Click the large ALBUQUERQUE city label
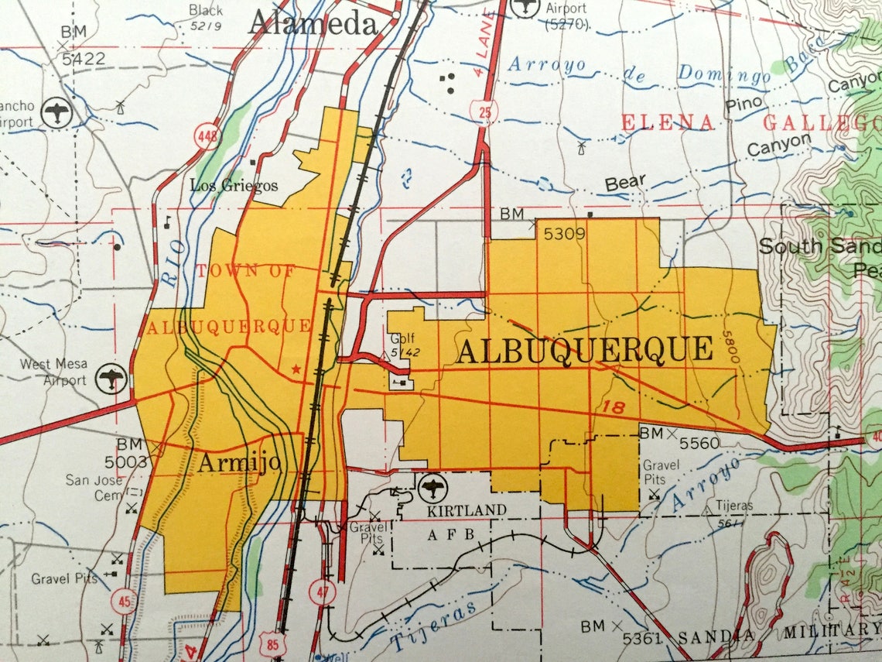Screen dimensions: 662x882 coord(584,350)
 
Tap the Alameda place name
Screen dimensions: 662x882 coord(312,23)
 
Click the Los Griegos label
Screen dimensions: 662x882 coord(234,185)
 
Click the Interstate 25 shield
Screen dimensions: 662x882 coord(484,113)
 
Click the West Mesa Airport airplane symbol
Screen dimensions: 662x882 coord(112,379)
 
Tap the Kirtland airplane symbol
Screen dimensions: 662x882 coord(432,488)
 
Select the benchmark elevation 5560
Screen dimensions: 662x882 coord(699,443)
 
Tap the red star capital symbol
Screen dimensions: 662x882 coord(295,370)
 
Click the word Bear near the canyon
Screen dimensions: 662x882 coord(625,184)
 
